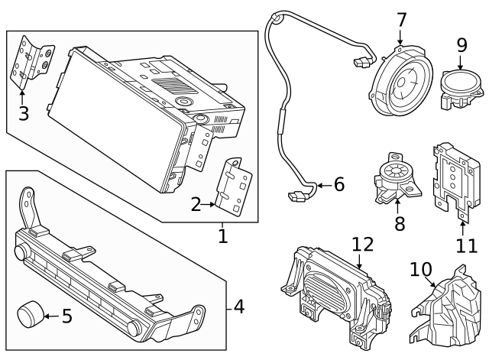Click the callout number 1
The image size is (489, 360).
click(222, 236)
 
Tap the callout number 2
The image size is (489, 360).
click(196, 204)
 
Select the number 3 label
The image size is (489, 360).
click(23, 114)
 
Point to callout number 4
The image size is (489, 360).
click(238, 307)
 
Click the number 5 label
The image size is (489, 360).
click(66, 316)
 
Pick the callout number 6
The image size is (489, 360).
click(338, 184)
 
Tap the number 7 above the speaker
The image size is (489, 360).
click(400, 20)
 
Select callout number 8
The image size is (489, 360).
click(397, 225)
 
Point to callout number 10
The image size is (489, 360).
click(420, 270)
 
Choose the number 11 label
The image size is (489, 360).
click(466, 245)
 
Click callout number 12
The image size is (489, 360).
click(364, 244)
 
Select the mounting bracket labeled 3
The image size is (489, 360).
click(31, 62)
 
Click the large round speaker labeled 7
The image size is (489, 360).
click(401, 85)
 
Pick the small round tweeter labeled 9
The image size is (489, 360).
click(460, 86)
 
